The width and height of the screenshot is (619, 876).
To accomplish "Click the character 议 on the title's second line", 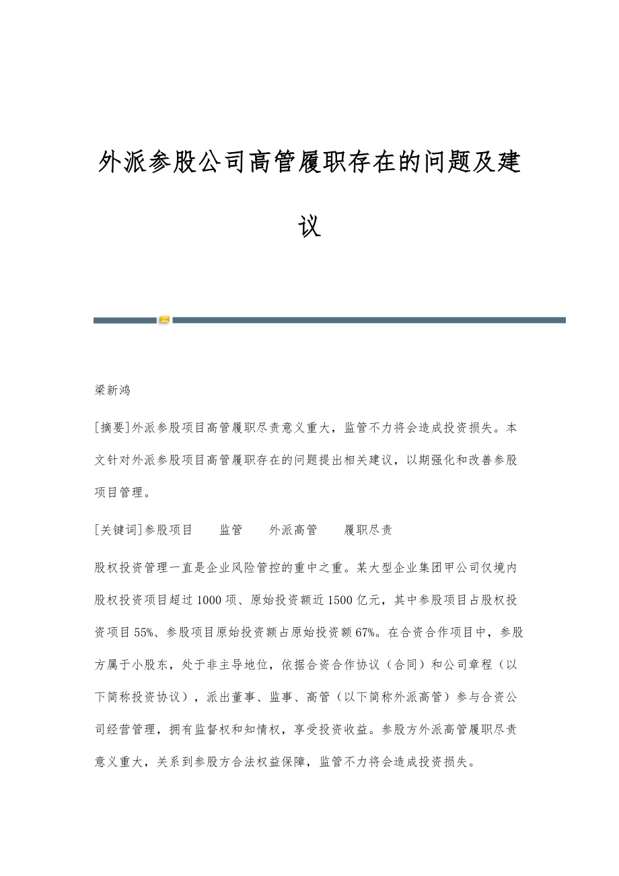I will tap(309, 226).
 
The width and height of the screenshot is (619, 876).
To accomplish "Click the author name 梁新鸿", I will tap(112, 390).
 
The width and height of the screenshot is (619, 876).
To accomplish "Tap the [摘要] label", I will tap(113, 428).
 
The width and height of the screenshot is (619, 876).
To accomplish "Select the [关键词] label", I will tap(119, 530).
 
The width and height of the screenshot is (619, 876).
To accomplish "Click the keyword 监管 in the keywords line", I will tap(231, 530).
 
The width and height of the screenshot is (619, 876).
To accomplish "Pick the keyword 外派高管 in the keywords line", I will tap(293, 530).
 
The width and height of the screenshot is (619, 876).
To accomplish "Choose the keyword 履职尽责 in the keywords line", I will tap(367, 530).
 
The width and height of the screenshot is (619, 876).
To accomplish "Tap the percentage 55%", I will tap(145, 632).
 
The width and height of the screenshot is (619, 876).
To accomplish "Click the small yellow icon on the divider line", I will tap(164, 320).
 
